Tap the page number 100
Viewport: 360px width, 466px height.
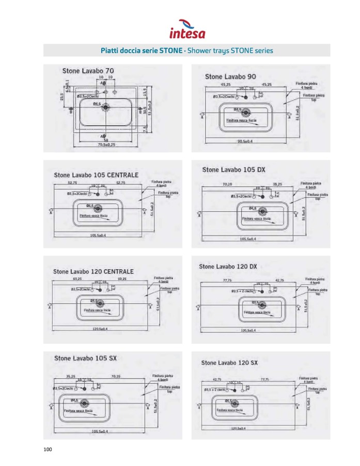pyautogui.click(x=48, y=449)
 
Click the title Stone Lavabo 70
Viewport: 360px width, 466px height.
pyautogui.click(x=88, y=70)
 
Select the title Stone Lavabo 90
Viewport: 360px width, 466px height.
pyautogui.click(x=230, y=76)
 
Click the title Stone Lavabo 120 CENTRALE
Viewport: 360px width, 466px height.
pyautogui.click(x=93, y=271)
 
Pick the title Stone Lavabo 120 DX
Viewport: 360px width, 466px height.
pyautogui.click(x=228, y=267)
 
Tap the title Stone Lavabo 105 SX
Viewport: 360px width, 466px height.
pyautogui.click(x=85, y=358)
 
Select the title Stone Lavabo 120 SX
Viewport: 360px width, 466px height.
pyautogui.click(x=229, y=363)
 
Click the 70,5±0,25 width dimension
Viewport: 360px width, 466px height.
pyautogui.click(x=106, y=145)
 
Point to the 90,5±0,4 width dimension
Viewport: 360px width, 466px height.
pyautogui.click(x=246, y=141)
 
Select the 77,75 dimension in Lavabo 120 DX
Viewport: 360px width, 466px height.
pyautogui.click(x=226, y=280)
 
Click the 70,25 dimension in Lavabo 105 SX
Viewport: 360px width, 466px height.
pyautogui.click(x=115, y=377)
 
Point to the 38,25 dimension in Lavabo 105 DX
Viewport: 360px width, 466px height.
pyautogui.click(x=277, y=184)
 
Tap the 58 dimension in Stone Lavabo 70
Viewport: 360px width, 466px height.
pyautogui.click(x=105, y=139)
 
